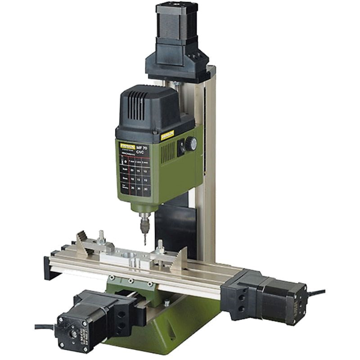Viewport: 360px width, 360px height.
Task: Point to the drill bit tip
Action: (145, 244)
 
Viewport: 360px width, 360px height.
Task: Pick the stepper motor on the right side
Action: (283, 297)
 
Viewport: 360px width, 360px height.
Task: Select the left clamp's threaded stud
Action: (102, 236)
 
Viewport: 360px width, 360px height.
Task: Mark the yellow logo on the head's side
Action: (167, 134)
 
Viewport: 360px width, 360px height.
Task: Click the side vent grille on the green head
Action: (167, 153)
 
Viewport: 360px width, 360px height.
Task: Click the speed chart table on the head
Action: (135, 173)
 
